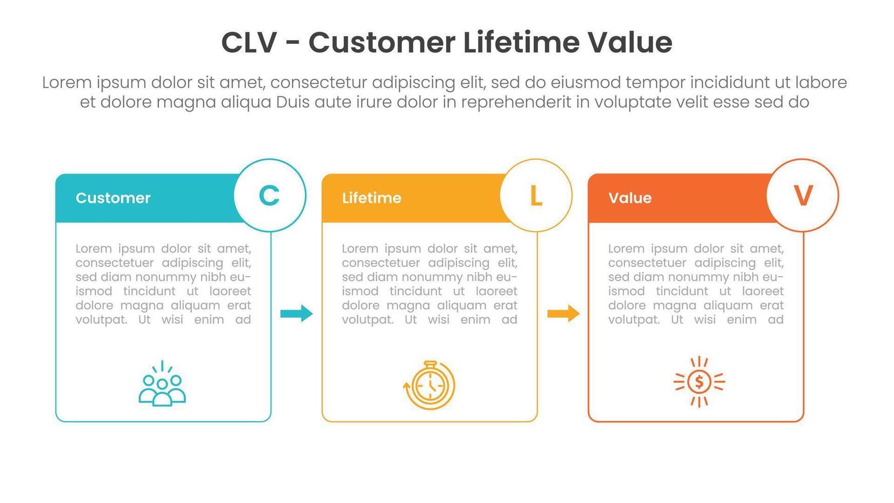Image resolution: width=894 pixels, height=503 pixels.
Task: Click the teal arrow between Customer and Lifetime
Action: click(297, 313)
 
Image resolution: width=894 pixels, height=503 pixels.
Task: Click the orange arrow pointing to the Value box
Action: click(563, 313)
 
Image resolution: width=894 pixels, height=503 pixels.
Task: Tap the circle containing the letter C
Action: click(270, 195)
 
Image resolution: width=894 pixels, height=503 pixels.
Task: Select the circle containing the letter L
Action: click(536, 195)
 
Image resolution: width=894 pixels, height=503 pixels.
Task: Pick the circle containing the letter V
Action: click(803, 195)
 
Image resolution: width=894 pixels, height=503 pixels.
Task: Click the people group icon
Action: click(162, 383)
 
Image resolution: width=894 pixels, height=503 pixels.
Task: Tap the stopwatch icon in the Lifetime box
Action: click(430, 385)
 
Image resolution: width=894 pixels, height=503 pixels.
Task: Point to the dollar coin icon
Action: click(699, 382)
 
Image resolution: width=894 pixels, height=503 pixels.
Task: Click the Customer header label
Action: click(113, 198)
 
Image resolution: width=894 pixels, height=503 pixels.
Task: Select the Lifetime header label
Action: click(372, 198)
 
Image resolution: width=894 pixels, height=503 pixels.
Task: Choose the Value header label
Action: click(630, 198)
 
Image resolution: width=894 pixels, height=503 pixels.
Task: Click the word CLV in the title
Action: click(249, 43)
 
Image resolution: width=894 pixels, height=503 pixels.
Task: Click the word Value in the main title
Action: click(630, 42)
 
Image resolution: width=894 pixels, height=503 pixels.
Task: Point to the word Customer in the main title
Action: click(382, 43)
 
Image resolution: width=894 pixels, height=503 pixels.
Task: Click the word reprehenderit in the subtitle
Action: click(516, 103)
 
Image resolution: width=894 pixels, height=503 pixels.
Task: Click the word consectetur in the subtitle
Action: click(318, 83)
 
